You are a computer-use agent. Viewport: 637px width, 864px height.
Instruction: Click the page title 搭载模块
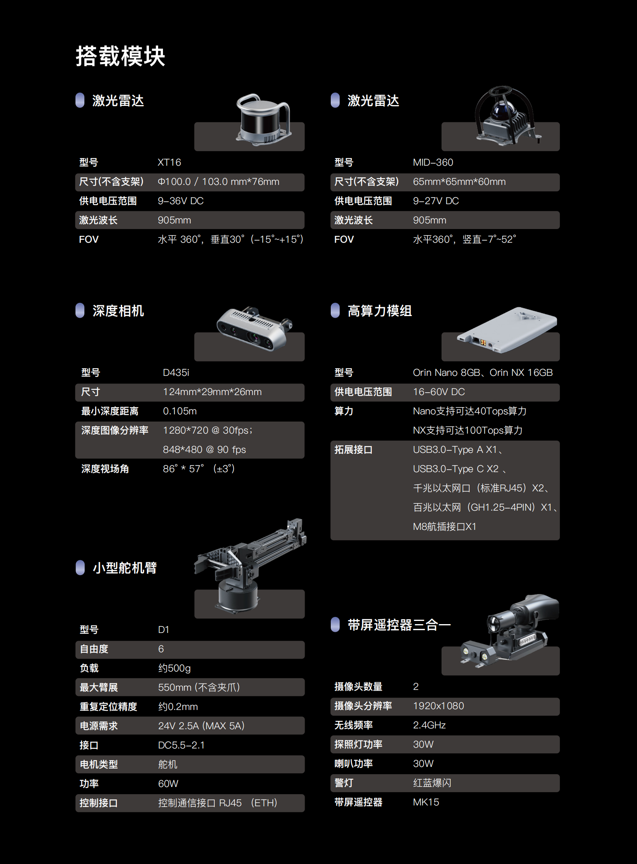click(120, 56)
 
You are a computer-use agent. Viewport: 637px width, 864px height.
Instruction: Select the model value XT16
click(169, 162)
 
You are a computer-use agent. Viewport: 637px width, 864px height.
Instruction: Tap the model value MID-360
click(433, 162)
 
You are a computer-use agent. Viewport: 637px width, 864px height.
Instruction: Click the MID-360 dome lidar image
click(506, 116)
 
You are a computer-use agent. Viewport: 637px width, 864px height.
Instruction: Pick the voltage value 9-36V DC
click(181, 201)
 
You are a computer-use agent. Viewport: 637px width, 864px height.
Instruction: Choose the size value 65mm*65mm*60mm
click(459, 182)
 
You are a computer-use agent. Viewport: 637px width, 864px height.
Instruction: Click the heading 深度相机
click(118, 311)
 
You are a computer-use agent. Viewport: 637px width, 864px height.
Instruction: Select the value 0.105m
click(179, 411)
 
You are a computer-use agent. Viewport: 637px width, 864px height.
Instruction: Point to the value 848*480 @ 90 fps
click(204, 450)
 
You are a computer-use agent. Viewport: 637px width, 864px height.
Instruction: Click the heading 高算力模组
click(379, 311)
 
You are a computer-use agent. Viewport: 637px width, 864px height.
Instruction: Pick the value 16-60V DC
click(439, 392)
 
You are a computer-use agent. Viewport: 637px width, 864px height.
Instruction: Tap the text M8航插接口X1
click(444, 527)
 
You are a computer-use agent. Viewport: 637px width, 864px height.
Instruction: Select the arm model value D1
click(163, 630)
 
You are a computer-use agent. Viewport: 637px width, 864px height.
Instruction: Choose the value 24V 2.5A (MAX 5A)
click(201, 726)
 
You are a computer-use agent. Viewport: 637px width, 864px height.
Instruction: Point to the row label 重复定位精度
click(108, 707)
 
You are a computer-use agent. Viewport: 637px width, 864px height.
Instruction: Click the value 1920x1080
click(438, 706)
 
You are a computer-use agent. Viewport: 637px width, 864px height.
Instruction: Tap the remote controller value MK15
click(426, 802)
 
